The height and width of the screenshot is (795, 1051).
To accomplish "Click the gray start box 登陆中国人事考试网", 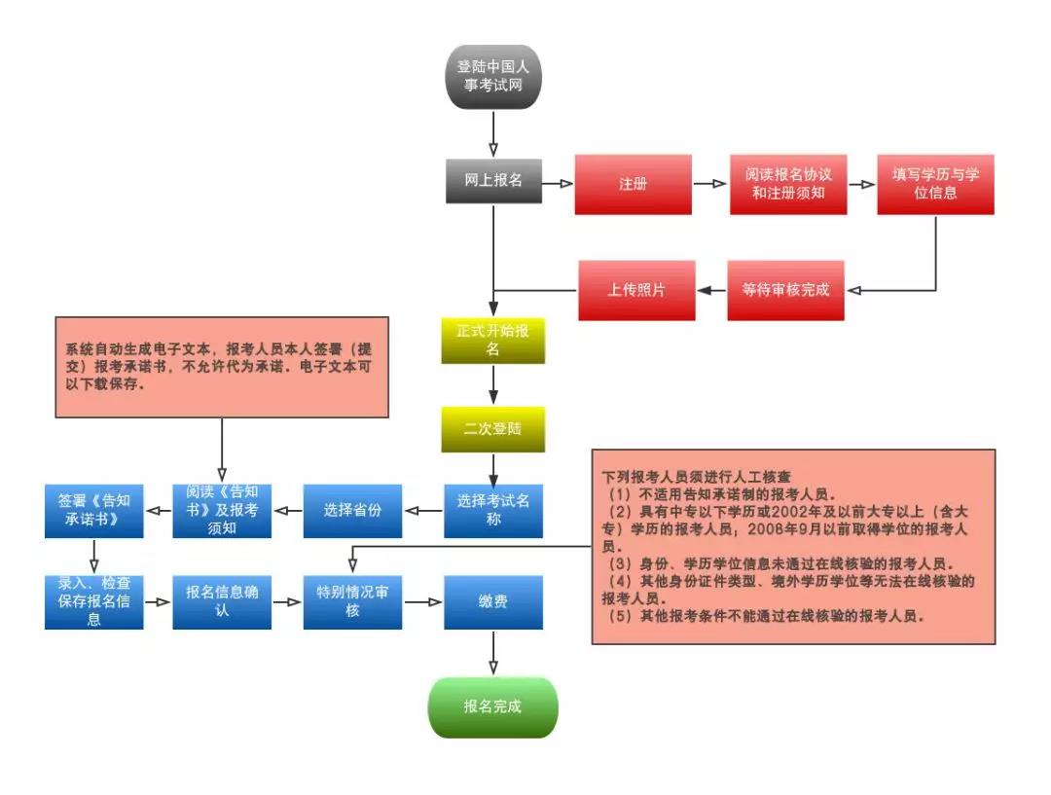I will point(492,77).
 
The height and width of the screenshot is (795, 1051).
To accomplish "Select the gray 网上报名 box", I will point(493,181).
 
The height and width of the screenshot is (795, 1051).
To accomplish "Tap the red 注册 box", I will point(633,184).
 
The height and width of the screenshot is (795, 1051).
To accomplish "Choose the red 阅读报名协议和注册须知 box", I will point(787,184).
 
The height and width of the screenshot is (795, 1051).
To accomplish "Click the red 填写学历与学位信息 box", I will point(935,184).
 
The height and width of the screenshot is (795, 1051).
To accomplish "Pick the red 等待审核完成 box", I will point(785,290).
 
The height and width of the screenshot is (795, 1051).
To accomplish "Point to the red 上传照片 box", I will point(636,290).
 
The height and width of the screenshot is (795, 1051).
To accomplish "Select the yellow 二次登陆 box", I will point(492,429).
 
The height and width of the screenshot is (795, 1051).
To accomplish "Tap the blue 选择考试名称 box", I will point(493,510).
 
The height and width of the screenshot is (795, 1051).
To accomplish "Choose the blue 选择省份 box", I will point(352,510).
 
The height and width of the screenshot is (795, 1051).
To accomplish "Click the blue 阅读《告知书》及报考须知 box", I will point(222,510).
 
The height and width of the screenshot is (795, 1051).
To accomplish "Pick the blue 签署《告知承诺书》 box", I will point(93,510).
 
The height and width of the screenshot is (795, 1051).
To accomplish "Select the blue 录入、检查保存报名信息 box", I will point(93,601).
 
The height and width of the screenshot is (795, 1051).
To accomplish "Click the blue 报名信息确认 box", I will point(222,601).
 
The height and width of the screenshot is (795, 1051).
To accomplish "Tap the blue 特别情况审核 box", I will point(352,601).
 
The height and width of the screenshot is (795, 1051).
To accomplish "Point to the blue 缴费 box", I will point(493,601).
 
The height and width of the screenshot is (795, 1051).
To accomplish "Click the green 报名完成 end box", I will point(493,706).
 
